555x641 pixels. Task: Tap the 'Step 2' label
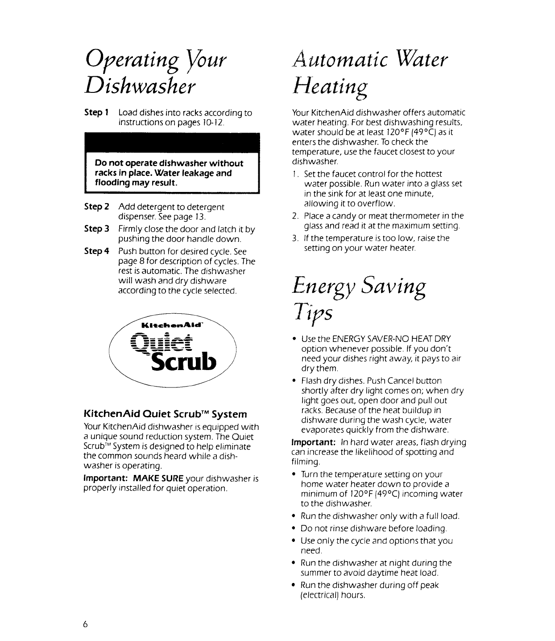click(96, 207)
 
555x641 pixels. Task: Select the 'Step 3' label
click(96, 229)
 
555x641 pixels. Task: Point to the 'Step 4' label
click(96, 251)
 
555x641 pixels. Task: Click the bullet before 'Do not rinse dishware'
click(294, 529)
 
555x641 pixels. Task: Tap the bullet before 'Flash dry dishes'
click(294, 381)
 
